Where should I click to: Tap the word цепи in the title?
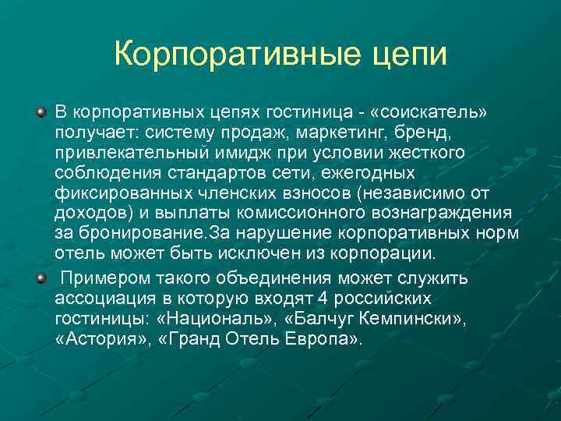411,56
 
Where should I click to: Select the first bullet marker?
41,113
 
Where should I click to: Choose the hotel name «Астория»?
97,340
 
